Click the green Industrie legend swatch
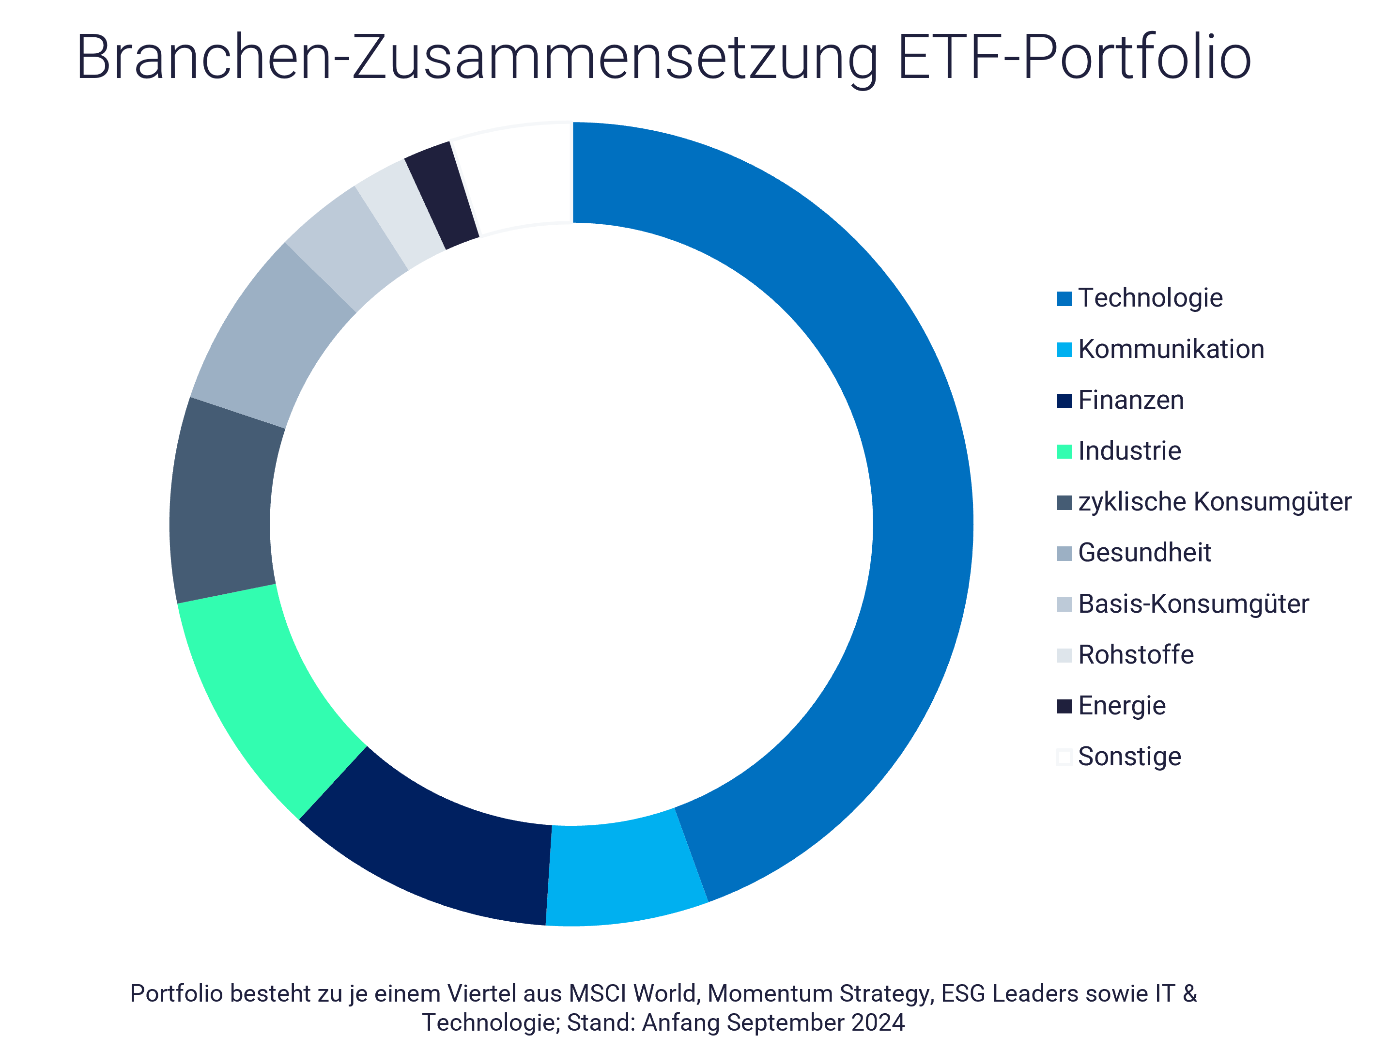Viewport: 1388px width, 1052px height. (1064, 451)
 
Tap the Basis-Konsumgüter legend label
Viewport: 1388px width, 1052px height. (1193, 604)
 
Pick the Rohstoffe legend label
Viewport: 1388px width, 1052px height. (1136, 655)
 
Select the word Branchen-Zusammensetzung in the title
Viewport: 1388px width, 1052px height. (477, 58)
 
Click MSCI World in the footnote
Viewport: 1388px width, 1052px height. (634, 993)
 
